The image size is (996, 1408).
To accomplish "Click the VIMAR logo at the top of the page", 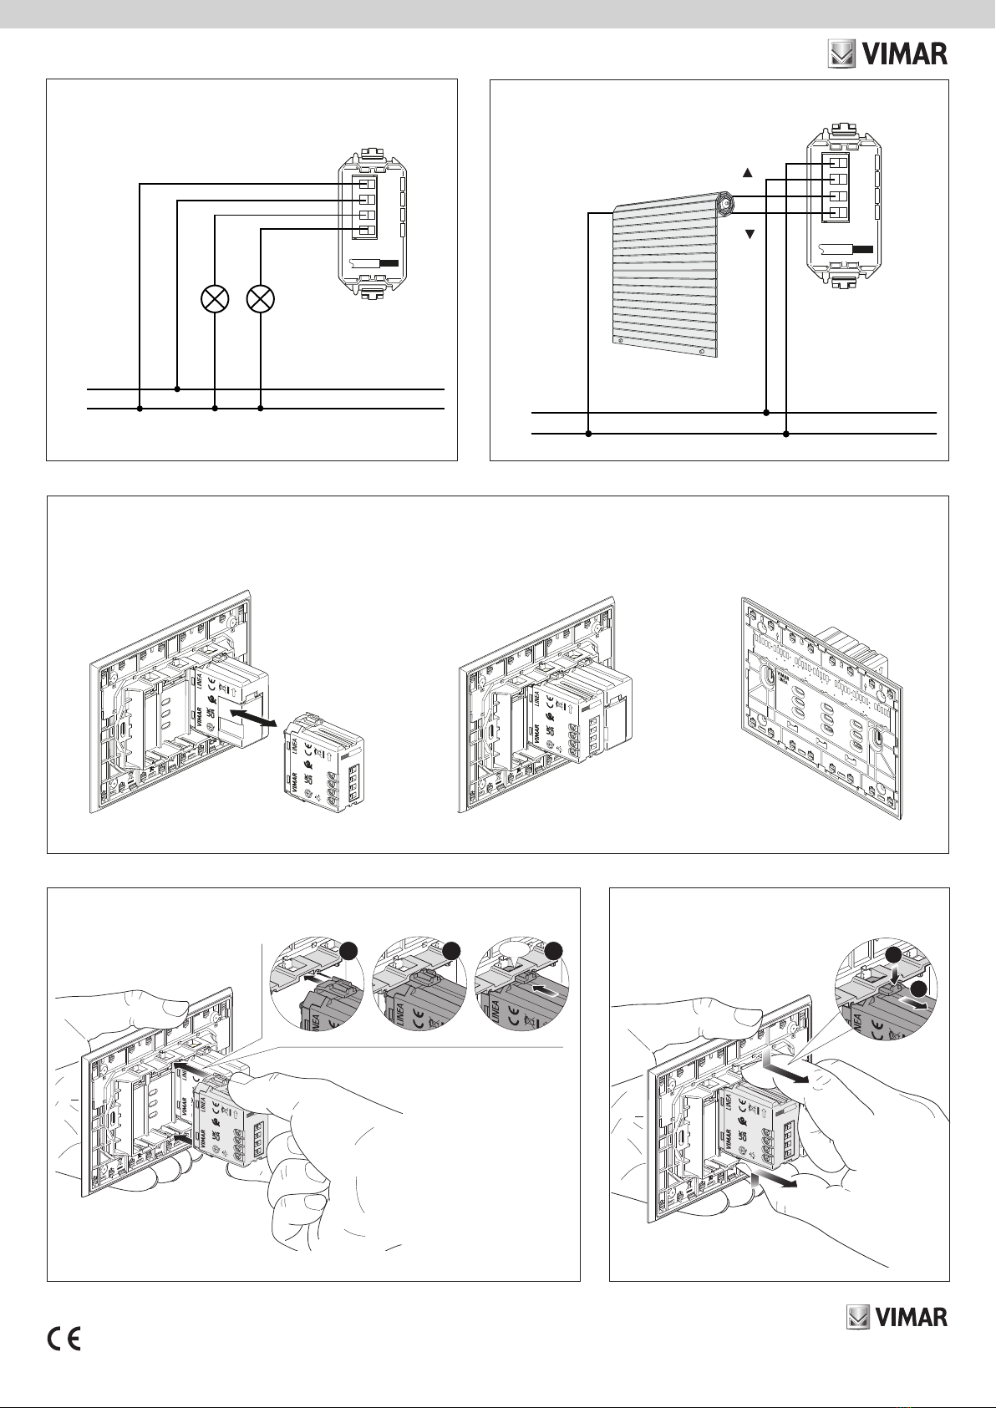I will pyautogui.click(x=887, y=55).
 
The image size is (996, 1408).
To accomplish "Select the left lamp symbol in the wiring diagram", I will pyautogui.click(x=216, y=298).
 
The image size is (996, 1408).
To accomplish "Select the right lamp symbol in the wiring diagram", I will pyautogui.click(x=262, y=298).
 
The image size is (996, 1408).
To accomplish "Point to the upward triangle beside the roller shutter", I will pyautogui.click(x=749, y=173).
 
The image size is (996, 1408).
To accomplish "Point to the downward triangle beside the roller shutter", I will pyautogui.click(x=749, y=235).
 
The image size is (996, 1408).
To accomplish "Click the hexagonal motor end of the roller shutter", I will pyautogui.click(x=724, y=202).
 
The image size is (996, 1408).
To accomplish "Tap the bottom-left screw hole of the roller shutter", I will pyautogui.click(x=618, y=341).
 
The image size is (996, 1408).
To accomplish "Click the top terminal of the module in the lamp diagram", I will pyautogui.click(x=365, y=184).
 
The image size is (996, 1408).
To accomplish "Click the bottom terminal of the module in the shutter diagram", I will pyautogui.click(x=836, y=214).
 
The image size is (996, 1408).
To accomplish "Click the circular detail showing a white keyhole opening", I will pyautogui.click(x=520, y=984).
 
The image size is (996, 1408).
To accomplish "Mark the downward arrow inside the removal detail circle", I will pyautogui.click(x=893, y=968).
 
